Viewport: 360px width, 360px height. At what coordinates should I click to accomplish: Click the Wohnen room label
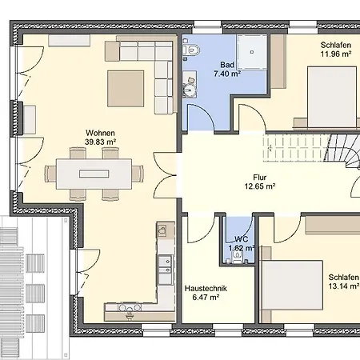100,133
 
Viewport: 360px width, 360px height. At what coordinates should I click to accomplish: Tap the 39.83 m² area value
100,142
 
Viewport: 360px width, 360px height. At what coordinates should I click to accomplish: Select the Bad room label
227,65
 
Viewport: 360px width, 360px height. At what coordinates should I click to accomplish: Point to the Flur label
260,177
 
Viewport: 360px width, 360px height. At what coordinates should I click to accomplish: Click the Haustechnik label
206,288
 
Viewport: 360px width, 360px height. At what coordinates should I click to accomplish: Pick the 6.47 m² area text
206,297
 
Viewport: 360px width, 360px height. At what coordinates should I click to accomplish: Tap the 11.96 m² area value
336,54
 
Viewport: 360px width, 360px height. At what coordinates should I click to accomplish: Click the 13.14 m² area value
344,286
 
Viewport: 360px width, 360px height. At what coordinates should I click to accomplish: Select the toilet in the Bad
191,50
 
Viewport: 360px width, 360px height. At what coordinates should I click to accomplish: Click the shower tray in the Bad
252,52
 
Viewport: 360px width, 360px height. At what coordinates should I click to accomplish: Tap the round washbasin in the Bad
190,90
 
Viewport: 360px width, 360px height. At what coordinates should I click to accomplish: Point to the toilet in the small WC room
237,258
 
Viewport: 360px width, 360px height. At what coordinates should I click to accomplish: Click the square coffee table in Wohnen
126,89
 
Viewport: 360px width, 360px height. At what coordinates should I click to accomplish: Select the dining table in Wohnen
94,174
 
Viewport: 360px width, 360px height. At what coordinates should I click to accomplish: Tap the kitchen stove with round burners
130,307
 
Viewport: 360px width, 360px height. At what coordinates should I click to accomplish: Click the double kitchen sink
166,265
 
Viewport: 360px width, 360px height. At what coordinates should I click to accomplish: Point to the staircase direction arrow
270,147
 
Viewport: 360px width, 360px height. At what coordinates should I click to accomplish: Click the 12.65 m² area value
260,186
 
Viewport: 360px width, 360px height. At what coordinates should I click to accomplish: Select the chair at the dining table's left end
50,174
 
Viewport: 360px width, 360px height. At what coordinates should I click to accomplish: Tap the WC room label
242,239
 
